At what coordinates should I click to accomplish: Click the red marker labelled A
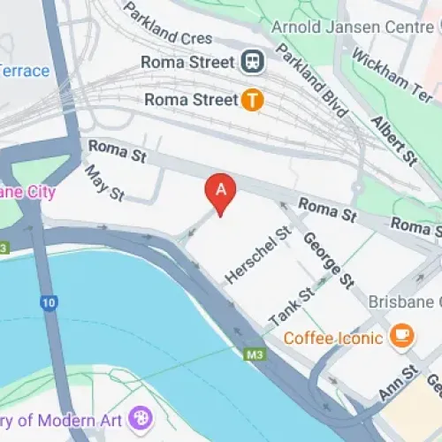pos(221,191)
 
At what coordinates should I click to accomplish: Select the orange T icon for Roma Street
pos(253,100)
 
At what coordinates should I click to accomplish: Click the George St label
pos(328,259)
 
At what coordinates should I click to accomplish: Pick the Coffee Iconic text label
pos(333,337)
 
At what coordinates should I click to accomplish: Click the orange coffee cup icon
pos(402,336)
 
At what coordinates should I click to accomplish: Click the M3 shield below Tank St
pos(255,355)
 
